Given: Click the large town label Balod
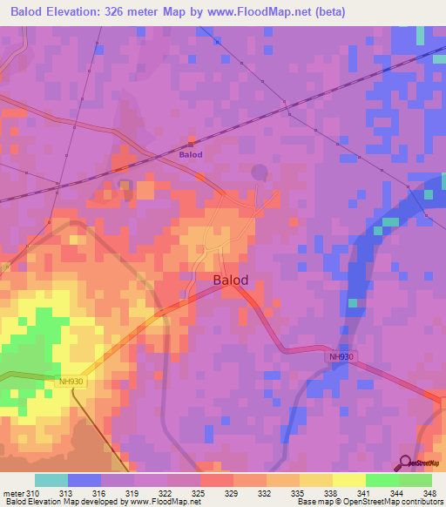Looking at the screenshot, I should [231, 281].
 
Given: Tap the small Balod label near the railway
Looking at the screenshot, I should [191, 155].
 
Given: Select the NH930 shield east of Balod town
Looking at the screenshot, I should [341, 356].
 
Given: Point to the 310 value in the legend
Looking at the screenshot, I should [33, 494].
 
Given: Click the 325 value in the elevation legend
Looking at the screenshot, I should [199, 494].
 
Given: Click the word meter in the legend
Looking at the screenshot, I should [13, 494].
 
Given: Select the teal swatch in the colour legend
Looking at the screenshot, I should [51, 480].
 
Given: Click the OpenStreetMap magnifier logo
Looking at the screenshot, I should [405, 463].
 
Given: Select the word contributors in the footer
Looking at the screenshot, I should [422, 503].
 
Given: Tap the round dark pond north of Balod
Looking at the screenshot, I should [259, 172].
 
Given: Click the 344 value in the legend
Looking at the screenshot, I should [397, 494].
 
